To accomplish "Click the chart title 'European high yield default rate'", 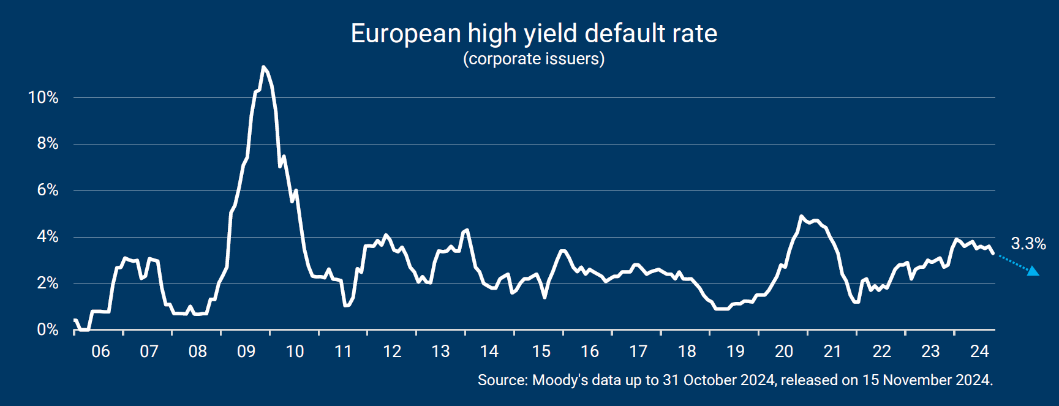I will (533, 34).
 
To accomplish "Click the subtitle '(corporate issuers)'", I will (533, 59).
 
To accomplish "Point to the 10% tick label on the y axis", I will (43, 97).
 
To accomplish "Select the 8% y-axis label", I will (47, 143).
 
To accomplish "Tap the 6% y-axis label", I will (47, 190).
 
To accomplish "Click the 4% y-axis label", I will (47, 236).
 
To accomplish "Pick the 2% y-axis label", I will (47, 283).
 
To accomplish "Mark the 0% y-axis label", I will (47, 329).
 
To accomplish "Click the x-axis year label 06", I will (100, 351).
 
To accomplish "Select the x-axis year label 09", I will (246, 351).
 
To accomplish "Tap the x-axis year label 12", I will (392, 351).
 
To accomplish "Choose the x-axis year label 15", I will (541, 351).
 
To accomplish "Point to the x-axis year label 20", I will (784, 351).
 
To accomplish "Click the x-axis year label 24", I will (979, 351).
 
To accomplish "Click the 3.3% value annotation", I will (1028, 244).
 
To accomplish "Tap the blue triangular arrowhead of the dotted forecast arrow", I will (1033, 271).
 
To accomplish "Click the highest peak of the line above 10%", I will (263, 67).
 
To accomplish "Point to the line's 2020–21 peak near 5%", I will (801, 216).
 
